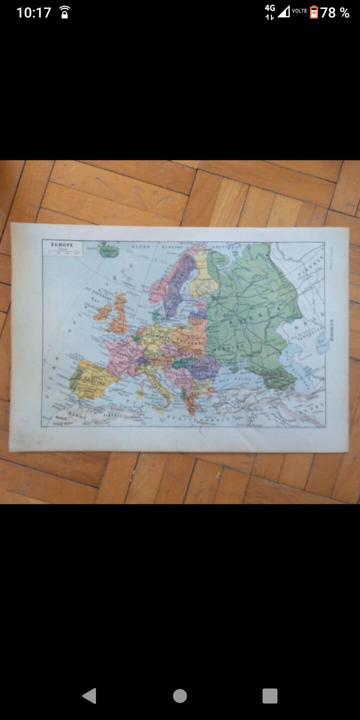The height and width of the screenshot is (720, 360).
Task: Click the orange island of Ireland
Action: click(103, 313)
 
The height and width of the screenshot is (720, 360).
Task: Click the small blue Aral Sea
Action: click(321, 344)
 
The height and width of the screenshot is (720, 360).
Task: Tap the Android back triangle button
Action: click(89, 695)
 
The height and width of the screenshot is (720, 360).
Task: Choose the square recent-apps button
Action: click(269, 695)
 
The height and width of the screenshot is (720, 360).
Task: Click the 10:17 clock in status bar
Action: click(33, 12)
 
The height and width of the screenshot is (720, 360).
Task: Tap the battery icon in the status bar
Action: click(313, 12)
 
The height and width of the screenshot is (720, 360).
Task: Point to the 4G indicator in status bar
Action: click(270, 9)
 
